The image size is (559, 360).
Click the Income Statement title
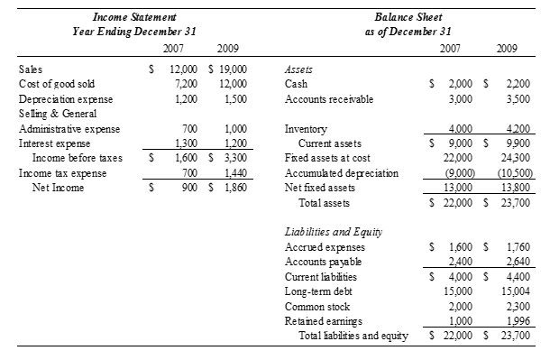(134, 17)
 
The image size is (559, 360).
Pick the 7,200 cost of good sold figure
(184, 83)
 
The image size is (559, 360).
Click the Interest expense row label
(50, 143)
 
